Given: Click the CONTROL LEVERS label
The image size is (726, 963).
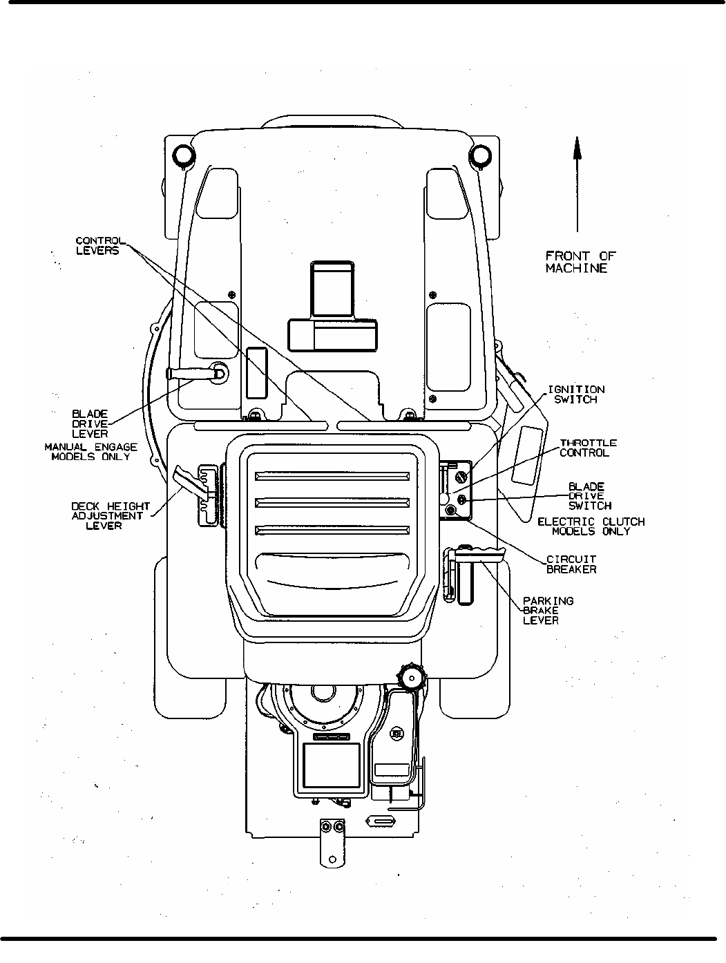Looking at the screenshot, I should [97, 246].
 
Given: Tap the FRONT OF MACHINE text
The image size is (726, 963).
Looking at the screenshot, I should [580, 262].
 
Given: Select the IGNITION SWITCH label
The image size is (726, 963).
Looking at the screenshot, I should [575, 394].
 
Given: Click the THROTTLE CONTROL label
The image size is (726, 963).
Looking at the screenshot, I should [588, 448].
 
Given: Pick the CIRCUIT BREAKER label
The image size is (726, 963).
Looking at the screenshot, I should [571, 564].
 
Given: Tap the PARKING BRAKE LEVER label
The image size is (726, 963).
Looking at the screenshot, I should [548, 611].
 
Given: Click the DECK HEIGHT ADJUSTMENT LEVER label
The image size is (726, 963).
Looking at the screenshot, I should [111, 516].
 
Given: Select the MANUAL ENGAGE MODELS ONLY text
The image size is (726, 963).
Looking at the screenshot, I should [91, 452].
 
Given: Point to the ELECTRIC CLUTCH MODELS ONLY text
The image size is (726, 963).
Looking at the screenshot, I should [591, 526].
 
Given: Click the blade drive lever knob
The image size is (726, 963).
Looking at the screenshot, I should [219, 372].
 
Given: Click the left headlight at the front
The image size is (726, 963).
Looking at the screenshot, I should [183, 155].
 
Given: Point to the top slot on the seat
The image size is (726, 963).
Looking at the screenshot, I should [332, 476].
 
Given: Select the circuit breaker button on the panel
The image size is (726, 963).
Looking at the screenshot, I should [451, 510].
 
